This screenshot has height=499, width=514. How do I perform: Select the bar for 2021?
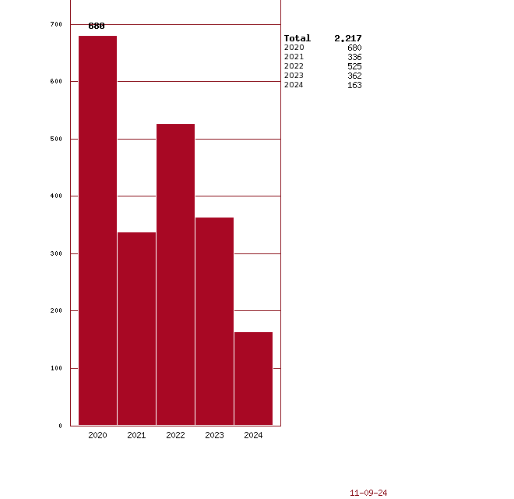pos(136,328)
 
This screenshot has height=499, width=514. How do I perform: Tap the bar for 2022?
pos(175,274)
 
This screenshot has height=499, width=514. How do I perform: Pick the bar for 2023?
pos(214,320)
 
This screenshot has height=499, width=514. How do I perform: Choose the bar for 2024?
pos(253,378)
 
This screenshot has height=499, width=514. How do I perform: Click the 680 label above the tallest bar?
pos(97,26)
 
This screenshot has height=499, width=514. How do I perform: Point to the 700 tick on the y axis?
pos(56,24)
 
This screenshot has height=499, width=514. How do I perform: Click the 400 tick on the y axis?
pos(56,196)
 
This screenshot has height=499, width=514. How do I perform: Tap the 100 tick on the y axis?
pos(56,368)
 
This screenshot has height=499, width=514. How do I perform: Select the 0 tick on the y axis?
pos(60,426)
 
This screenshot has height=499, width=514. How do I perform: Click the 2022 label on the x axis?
pos(175,435)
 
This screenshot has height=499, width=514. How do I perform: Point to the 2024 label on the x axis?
pos(253,435)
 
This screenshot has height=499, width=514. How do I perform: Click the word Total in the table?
pos(297,38)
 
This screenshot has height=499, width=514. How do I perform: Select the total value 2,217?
pos(348,38)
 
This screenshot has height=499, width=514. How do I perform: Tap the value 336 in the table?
pos(354,57)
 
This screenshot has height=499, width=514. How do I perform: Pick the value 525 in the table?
pos(354,66)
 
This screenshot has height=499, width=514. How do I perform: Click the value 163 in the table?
pos(354,85)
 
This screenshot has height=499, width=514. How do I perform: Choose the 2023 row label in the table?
pos(294,76)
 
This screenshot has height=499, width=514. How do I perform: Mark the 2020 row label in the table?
pos(294,48)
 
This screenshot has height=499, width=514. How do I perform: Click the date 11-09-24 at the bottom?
pos(368,493)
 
